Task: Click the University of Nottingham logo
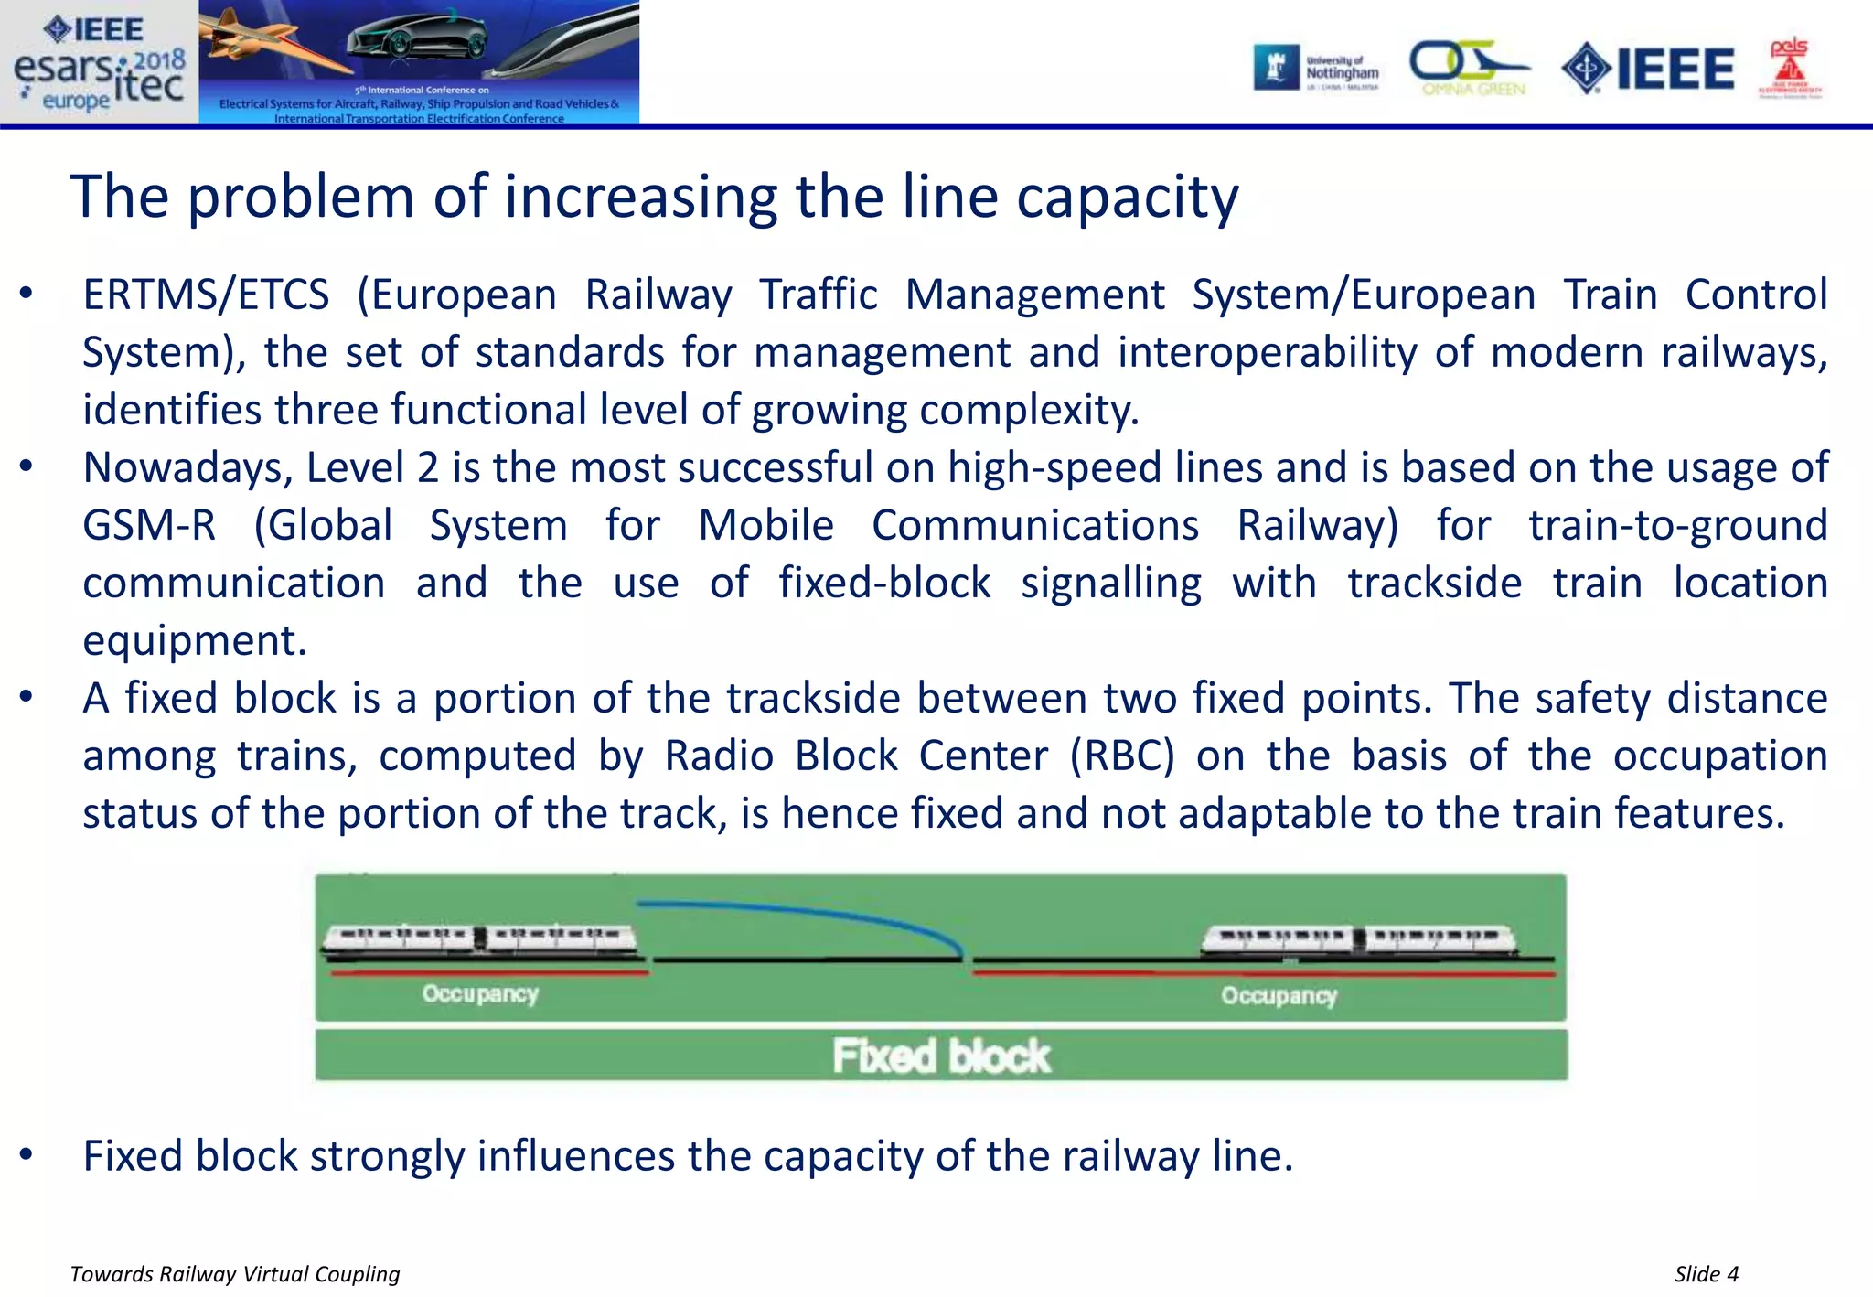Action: pos(1317,68)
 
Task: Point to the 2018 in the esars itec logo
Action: pos(159,60)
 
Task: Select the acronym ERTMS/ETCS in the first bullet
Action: pos(206,295)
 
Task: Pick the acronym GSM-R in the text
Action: pos(149,526)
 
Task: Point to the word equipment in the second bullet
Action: pos(194,641)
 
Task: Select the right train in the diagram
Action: pos(1357,939)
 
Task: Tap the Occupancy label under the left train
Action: pos(480,994)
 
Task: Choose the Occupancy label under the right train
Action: pos(1279,996)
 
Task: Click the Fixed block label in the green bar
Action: pos(941,1056)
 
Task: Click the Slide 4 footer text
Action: pos(1706,1274)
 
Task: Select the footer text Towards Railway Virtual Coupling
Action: pos(235,1274)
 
